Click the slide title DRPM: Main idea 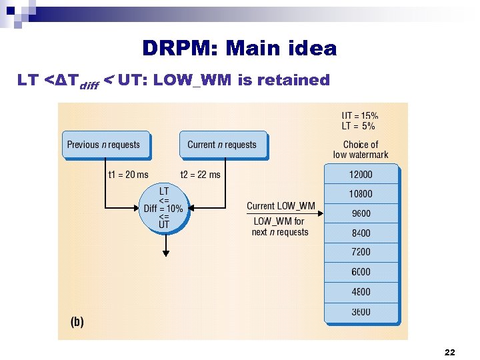(239, 48)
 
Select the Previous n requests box (104, 145)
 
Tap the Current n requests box (222, 145)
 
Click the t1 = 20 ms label (128, 175)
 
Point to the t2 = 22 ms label (200, 175)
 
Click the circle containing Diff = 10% (163, 208)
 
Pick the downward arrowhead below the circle (166, 253)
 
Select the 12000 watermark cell (361, 175)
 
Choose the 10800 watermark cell (361, 194)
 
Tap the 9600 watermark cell (361, 214)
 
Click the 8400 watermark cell (361, 233)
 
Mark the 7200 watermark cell (361, 253)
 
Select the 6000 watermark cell (361, 272)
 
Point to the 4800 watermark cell (361, 292)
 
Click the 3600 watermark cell (361, 312)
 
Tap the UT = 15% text (360, 115)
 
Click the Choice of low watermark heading (361, 149)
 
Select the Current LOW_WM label (281, 206)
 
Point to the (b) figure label (77, 321)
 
